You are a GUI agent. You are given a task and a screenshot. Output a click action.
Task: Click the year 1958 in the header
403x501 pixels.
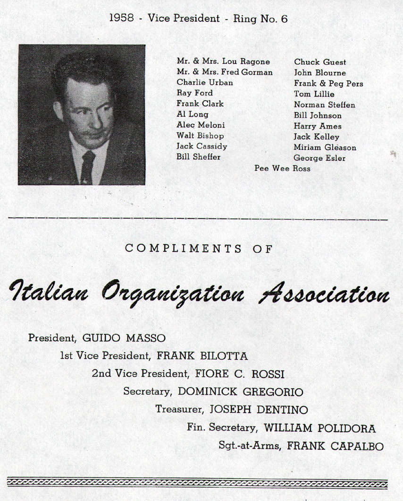pyautogui.click(x=121, y=19)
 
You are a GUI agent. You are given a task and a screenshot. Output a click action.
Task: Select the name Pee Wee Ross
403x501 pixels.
pyautogui.click(x=282, y=168)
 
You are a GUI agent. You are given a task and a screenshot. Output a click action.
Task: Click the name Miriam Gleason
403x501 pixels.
pyautogui.click(x=325, y=147)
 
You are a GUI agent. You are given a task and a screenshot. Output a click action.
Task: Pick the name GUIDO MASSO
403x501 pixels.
pyautogui.click(x=124, y=338)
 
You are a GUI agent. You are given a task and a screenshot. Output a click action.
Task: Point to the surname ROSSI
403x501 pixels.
pyautogui.click(x=268, y=374)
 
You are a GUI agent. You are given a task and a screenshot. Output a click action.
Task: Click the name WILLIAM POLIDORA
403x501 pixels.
pyautogui.click(x=319, y=428)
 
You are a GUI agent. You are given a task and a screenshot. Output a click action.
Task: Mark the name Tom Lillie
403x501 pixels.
pyautogui.click(x=314, y=94)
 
